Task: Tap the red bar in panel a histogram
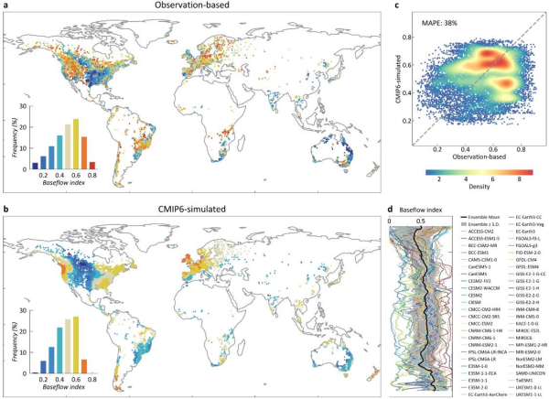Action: click(92, 166)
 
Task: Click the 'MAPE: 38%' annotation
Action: click(442, 22)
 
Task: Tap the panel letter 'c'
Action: click(394, 6)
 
